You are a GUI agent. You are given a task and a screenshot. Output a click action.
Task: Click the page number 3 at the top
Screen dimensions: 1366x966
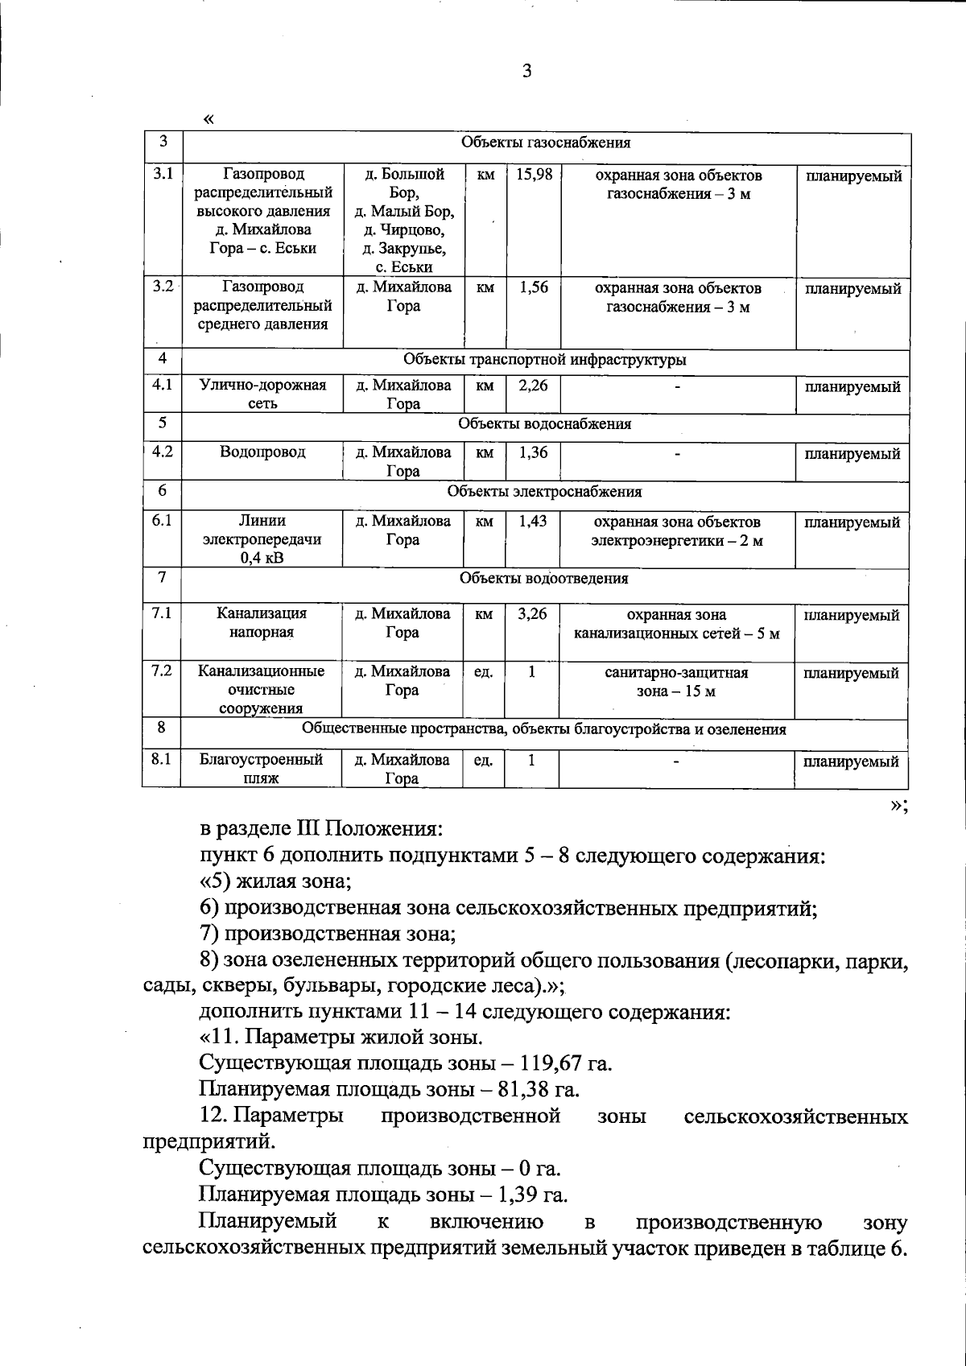pyautogui.click(x=527, y=72)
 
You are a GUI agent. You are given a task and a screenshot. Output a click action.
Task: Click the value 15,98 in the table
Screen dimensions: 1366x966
pyautogui.click(x=533, y=174)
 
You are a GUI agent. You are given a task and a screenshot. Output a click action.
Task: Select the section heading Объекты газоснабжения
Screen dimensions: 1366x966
pyautogui.click(x=545, y=143)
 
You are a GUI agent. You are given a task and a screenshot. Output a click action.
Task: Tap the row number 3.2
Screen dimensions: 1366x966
pyautogui.click(x=163, y=287)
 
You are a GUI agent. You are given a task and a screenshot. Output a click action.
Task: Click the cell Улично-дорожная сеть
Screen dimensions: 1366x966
pyautogui.click(x=262, y=394)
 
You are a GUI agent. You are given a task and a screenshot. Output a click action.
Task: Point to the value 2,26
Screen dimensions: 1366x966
pyautogui.click(x=533, y=386)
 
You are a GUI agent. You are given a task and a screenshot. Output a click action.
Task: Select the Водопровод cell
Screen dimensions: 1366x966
pyautogui.click(x=262, y=452)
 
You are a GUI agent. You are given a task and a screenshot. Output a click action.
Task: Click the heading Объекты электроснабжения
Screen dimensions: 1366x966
pyautogui.click(x=544, y=491)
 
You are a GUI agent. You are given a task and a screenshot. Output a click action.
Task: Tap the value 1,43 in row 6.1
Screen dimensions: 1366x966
pyautogui.click(x=532, y=521)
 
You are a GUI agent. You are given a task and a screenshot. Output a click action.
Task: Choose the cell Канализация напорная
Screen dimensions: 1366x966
pyautogui.click(x=262, y=622)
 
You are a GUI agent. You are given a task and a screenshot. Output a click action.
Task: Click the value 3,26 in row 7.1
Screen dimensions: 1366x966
pyautogui.click(x=532, y=613)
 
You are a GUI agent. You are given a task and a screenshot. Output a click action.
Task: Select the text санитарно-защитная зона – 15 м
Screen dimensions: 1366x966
pyautogui.click(x=676, y=682)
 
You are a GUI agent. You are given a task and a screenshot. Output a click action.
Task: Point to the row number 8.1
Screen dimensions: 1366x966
pyautogui.click(x=161, y=758)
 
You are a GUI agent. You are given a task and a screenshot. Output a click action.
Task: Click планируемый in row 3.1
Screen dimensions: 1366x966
pyautogui.click(x=854, y=176)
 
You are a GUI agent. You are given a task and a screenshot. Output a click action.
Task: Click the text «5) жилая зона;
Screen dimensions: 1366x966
pyautogui.click(x=275, y=881)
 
